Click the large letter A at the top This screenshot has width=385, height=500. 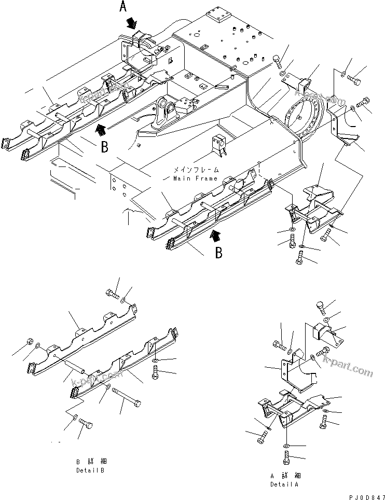123,7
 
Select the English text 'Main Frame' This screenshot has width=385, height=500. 188,179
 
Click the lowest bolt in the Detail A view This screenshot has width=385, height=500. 285,458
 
